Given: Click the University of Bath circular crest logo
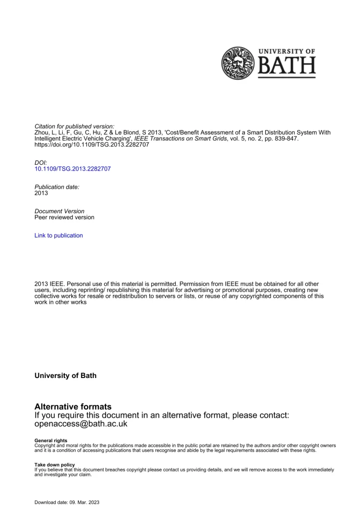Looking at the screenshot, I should pyautogui.click(x=238, y=63).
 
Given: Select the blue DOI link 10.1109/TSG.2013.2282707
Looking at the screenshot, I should pyautogui.click(x=73, y=169).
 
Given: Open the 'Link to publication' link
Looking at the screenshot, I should pyautogui.click(x=59, y=236).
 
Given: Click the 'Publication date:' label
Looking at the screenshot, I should pyautogui.click(x=57, y=186).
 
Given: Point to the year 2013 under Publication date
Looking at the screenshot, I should pyautogui.click(x=41, y=193).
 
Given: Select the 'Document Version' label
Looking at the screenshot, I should pyautogui.click(x=59, y=211).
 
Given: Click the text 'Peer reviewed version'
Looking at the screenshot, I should pyautogui.click(x=64, y=218).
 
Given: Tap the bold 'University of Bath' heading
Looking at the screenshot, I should pyautogui.click(x=65, y=376).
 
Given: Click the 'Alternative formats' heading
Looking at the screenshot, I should pyautogui.click(x=73, y=407).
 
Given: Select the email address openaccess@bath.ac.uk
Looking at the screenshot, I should pyautogui.click(x=81, y=424).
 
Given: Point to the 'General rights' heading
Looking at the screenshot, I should pyautogui.click(x=49, y=441).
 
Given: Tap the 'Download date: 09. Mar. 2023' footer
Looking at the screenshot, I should pyautogui.click(x=67, y=502).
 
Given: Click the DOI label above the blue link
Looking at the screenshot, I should pyautogui.click(x=40, y=162).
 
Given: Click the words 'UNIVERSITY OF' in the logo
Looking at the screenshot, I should pyautogui.click(x=287, y=51).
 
